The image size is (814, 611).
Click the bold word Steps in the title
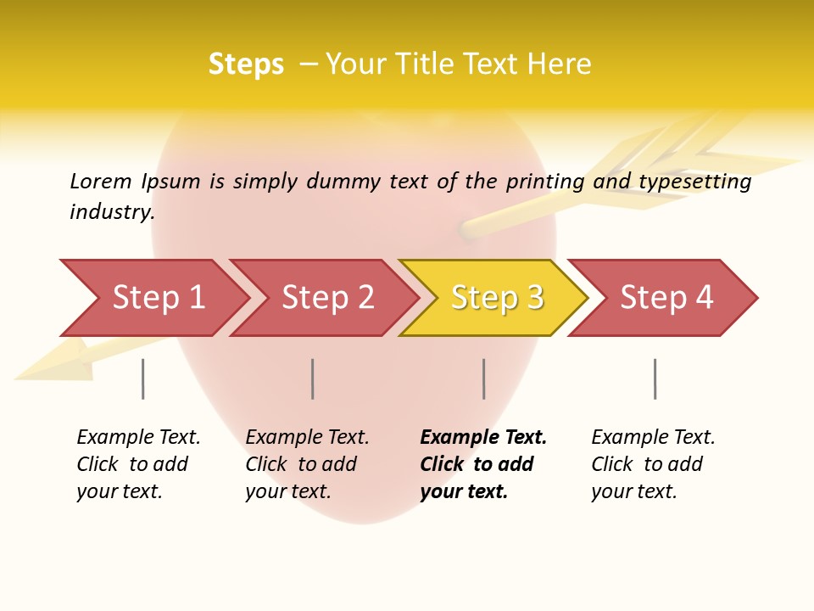(x=246, y=64)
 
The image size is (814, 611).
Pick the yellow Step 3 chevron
(x=496, y=298)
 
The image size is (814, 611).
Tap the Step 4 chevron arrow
(x=666, y=298)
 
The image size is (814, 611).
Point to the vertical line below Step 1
(x=143, y=378)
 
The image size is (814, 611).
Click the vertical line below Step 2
(x=313, y=378)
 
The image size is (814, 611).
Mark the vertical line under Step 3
(x=484, y=378)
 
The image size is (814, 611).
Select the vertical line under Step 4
(x=655, y=378)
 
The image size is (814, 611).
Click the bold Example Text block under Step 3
(x=482, y=464)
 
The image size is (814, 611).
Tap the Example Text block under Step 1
(x=138, y=464)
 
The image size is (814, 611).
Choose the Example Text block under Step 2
(x=307, y=464)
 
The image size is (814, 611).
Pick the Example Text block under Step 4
(x=653, y=464)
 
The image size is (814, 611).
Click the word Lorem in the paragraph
(x=100, y=182)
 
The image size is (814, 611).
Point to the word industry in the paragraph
(x=112, y=212)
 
